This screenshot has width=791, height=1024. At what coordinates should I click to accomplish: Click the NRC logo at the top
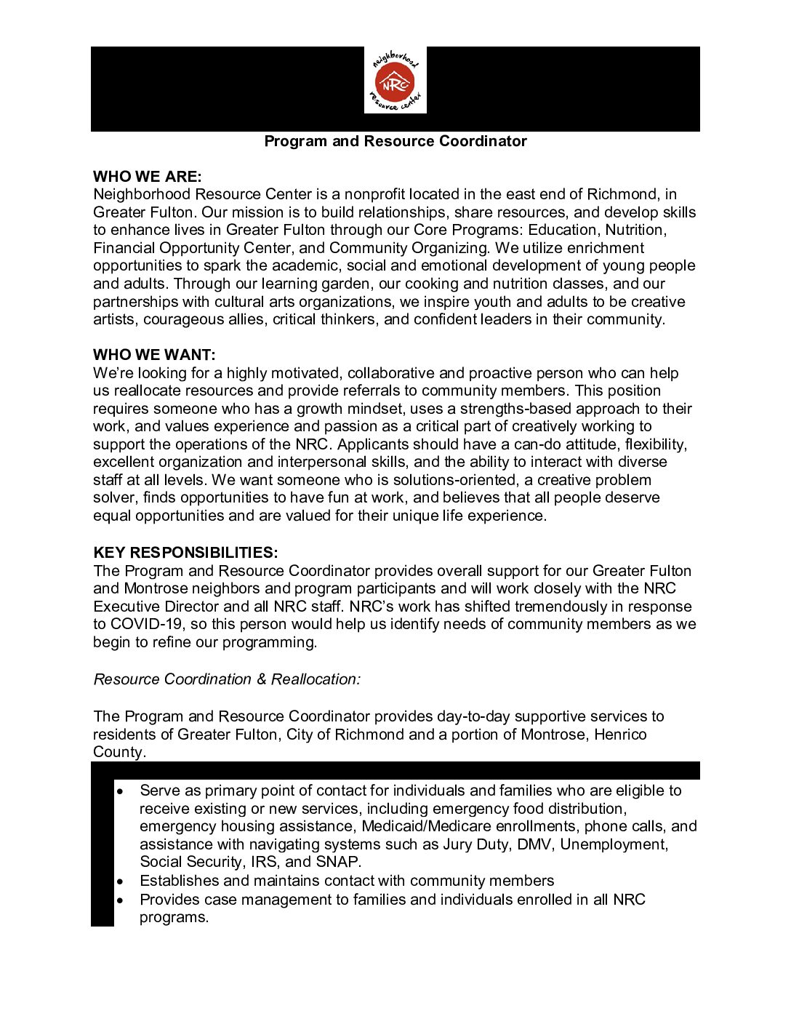click(395, 81)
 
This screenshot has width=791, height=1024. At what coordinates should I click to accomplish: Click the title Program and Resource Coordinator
click(395, 141)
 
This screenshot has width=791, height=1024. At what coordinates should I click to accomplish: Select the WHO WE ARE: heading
click(147, 177)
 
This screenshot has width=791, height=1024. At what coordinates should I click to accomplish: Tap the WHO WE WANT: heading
click(154, 355)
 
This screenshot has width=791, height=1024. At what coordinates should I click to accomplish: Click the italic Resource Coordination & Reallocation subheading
click(227, 679)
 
